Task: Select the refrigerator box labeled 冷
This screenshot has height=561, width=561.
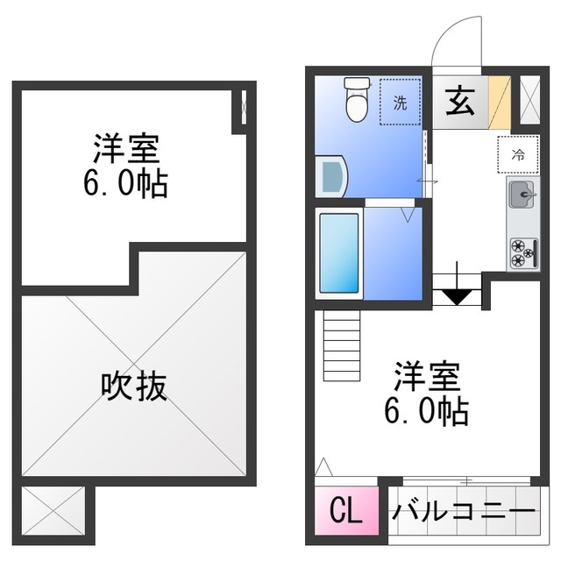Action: coord(517,156)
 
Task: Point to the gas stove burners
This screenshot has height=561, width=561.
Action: coord(523,252)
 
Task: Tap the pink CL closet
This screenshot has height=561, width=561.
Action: coord(344,511)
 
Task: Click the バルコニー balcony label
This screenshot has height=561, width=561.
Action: coord(462,511)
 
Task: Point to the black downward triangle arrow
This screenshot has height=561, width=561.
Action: coord(455,295)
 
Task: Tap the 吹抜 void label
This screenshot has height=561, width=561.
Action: coord(134,385)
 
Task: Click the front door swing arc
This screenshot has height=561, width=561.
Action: coord(458,39)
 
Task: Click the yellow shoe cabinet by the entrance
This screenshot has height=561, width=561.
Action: coord(500,103)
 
